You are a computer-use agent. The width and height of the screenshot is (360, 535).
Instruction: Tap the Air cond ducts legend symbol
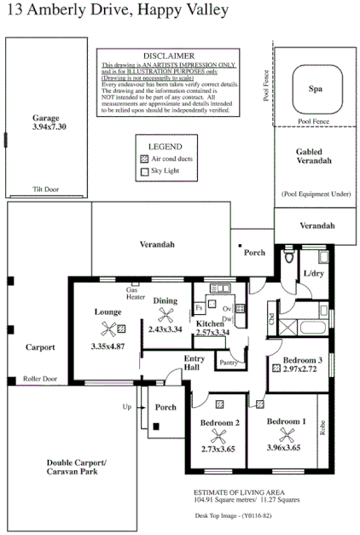click(143, 160)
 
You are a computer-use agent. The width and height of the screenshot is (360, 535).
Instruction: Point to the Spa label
click(315, 88)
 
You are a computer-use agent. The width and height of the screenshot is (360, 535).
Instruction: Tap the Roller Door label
click(40, 378)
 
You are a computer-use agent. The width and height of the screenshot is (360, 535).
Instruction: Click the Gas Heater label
click(136, 294)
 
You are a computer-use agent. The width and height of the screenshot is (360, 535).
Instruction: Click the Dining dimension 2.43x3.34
click(165, 329)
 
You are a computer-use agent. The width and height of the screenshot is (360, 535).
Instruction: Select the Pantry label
click(228, 363)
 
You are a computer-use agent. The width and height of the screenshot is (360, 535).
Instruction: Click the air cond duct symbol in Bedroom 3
click(276, 369)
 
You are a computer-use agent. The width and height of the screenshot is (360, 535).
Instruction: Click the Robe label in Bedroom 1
click(322, 427)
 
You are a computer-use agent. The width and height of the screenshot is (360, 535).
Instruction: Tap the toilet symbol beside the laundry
click(290, 256)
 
